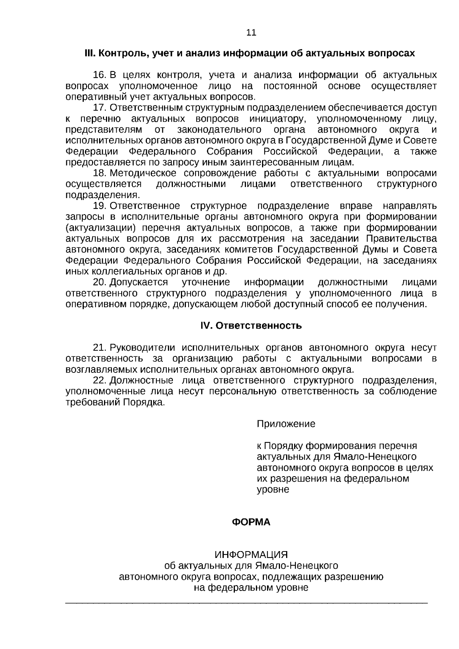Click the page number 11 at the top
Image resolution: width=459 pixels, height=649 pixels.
pos(251,33)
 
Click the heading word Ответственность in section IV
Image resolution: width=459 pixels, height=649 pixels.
pos(259,326)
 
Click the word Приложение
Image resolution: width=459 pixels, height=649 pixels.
pos(286,424)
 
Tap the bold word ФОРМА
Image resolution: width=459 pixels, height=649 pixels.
pos(251,522)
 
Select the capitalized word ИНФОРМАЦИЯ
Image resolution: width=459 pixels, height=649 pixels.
pos(251,555)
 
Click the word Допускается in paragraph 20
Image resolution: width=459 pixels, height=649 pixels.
pos(138,282)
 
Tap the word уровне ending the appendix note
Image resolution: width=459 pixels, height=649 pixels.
pos(273,489)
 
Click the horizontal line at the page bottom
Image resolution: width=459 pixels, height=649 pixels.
pos(247,603)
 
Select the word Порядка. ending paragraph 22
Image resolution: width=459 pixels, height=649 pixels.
pos(143,402)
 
